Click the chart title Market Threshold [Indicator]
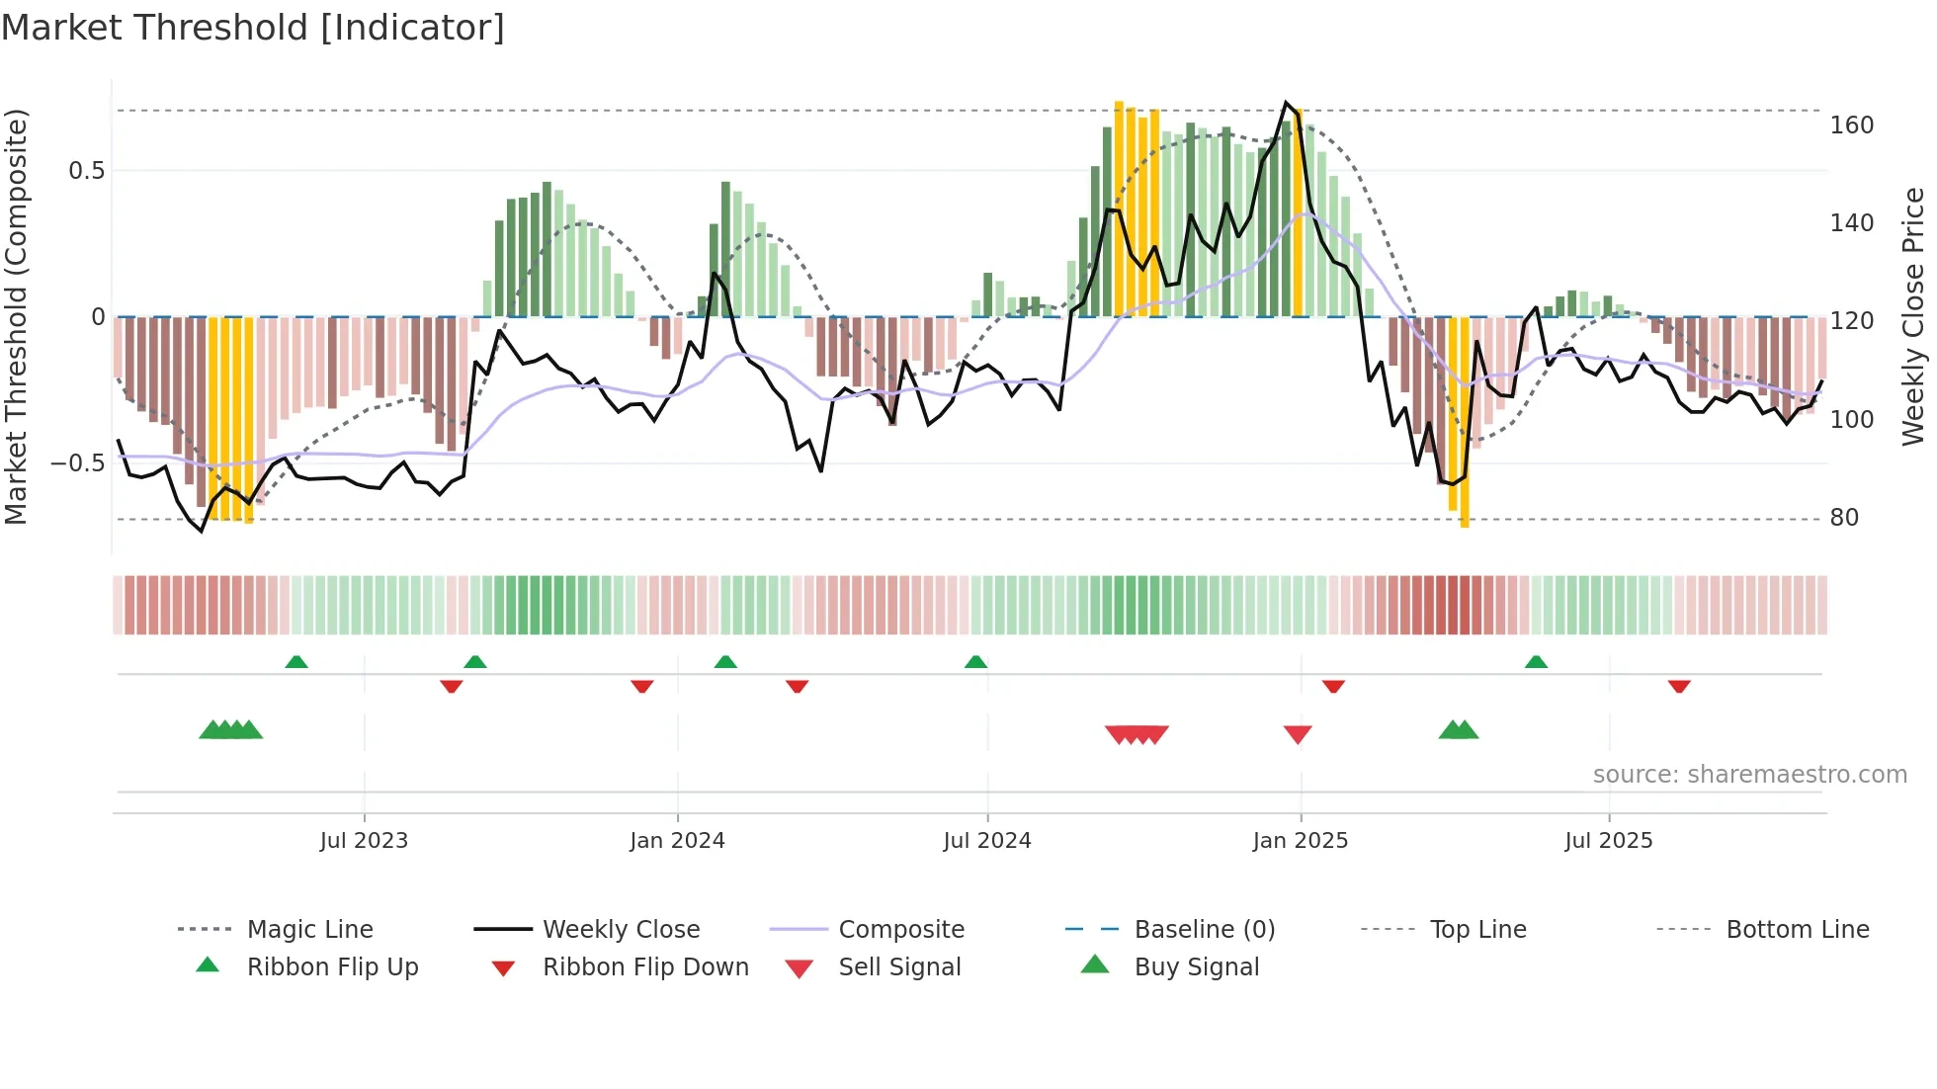[253, 28]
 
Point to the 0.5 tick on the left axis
[86, 171]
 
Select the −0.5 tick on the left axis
[78, 463]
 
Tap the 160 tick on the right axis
[1851, 126]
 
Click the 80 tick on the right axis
[1844, 518]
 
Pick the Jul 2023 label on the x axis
[364, 841]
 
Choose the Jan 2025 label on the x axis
[1300, 841]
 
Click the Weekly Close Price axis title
[1913, 316]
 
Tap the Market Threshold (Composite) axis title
[16, 316]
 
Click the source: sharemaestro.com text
[1749, 775]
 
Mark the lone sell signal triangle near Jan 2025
[1298, 734]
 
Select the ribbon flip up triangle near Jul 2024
[976, 662]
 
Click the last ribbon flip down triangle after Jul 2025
[1679, 686]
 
